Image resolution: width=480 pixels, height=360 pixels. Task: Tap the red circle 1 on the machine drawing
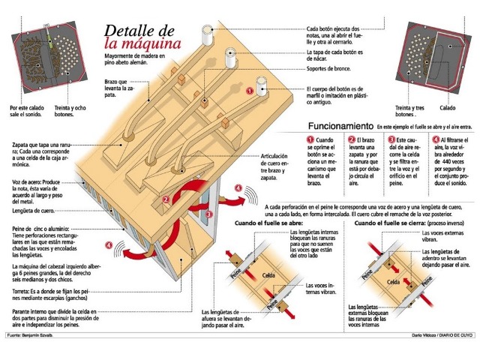tap(250, 90)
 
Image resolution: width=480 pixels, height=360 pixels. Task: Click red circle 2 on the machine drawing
tap(165, 200)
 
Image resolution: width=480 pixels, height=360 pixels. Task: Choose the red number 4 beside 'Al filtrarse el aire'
tap(435, 139)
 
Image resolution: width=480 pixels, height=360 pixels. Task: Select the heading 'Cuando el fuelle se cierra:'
tap(389, 223)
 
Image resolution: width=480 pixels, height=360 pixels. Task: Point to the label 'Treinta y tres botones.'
tap(415, 111)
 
